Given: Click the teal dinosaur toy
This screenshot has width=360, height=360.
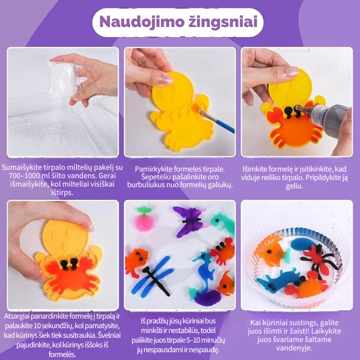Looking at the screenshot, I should pos(223,224).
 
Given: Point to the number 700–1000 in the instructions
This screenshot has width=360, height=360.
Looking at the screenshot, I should pos(23,175).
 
